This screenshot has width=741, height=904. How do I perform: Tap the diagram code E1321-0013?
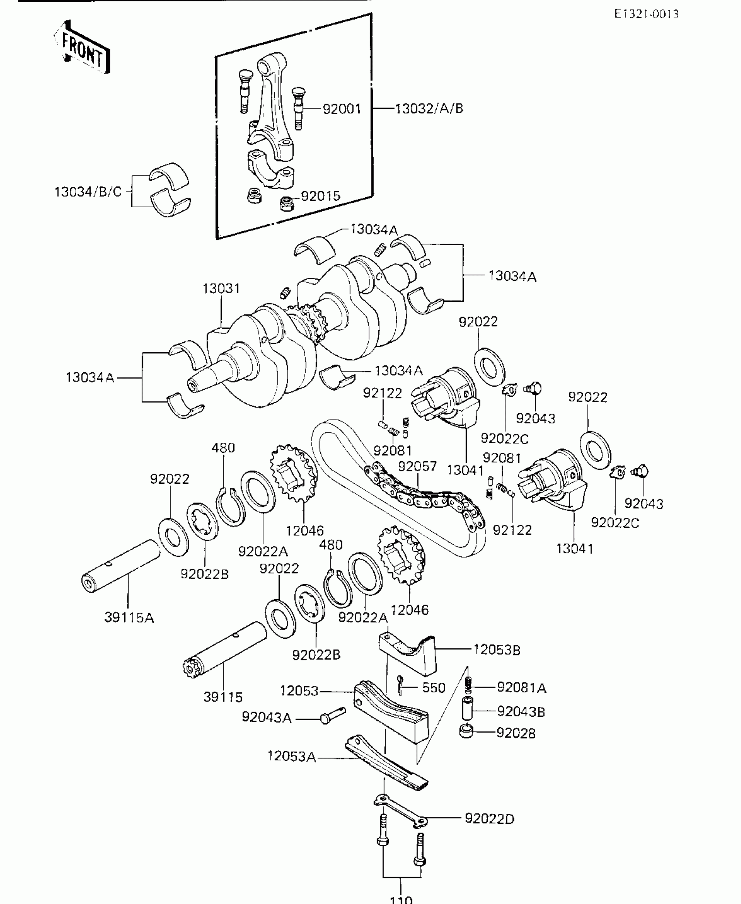(x=646, y=14)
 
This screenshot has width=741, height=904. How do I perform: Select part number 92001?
(x=342, y=108)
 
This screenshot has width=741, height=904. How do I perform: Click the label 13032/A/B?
(x=429, y=108)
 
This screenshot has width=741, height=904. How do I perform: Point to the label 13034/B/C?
(x=88, y=192)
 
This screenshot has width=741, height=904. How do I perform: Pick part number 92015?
(x=320, y=196)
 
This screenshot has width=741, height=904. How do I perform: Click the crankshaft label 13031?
(x=221, y=288)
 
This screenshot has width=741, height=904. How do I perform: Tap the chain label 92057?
(x=417, y=466)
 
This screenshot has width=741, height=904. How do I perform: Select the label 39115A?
(x=129, y=617)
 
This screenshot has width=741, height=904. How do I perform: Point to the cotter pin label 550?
(x=434, y=688)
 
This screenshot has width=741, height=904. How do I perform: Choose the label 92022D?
(x=489, y=819)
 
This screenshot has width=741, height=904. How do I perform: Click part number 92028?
(x=516, y=733)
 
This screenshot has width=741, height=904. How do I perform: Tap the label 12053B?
(x=497, y=650)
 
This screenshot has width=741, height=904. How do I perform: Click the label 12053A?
(x=292, y=757)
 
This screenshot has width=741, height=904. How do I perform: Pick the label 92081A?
(x=521, y=688)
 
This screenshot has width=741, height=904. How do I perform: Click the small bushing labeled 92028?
(x=467, y=730)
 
